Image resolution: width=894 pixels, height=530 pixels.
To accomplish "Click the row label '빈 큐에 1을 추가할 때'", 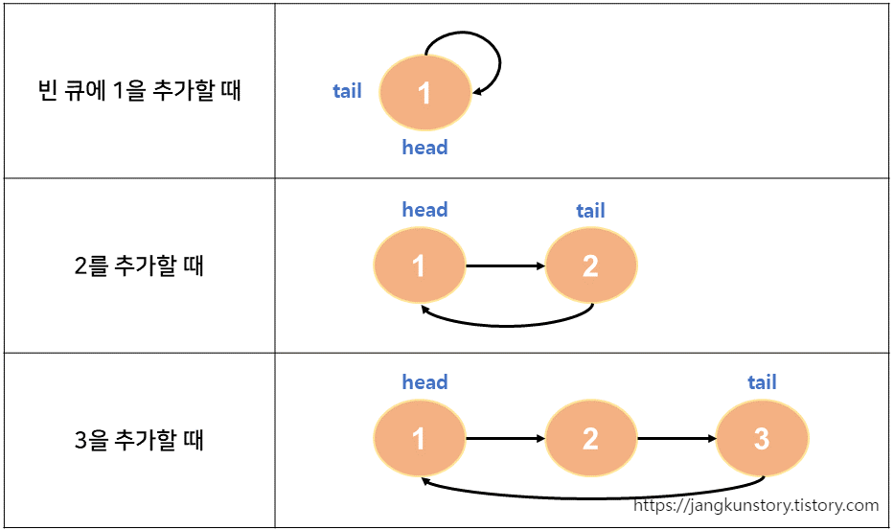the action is click(x=137, y=92).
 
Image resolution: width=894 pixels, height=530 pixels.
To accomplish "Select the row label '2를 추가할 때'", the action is click(x=138, y=265).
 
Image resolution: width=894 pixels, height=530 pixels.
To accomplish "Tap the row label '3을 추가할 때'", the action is click(x=138, y=440).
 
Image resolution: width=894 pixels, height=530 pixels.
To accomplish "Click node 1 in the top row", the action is click(x=424, y=93).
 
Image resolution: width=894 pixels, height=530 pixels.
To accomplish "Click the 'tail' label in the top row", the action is click(x=347, y=91).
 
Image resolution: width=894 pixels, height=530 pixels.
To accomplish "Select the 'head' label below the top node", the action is click(x=424, y=148).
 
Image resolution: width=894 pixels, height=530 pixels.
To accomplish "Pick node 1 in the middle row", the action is click(x=419, y=265).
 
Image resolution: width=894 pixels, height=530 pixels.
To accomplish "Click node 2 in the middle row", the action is click(x=590, y=265).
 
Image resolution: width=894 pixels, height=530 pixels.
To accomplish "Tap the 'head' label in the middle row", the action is click(x=424, y=210).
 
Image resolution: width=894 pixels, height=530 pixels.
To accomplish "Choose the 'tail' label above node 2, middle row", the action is click(x=590, y=211).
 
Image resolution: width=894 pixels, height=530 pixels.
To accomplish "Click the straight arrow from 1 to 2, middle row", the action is click(x=505, y=265).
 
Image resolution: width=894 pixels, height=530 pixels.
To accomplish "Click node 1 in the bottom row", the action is click(x=419, y=439).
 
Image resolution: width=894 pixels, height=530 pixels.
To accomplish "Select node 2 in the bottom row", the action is click(x=590, y=439).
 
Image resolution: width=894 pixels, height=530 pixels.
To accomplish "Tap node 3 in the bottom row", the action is click(x=762, y=439).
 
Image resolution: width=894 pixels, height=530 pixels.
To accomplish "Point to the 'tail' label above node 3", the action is click(x=762, y=383).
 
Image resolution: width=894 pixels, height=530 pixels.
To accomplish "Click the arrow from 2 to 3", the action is click(x=676, y=439).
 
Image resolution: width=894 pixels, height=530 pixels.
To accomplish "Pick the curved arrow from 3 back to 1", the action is click(x=594, y=497).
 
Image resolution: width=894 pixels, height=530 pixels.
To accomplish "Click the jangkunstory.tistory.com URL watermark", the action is click(x=756, y=505).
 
